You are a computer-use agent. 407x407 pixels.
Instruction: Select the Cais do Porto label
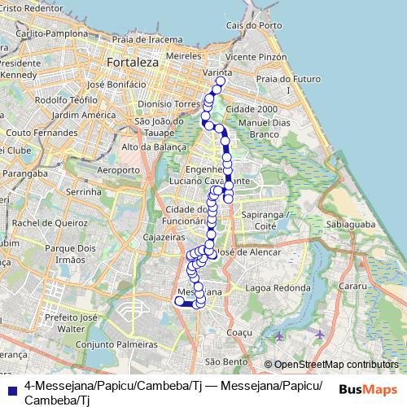[x=247, y=25]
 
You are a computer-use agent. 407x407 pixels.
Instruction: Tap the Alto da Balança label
[x=148, y=147]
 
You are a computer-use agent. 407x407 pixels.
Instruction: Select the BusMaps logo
[x=367, y=390]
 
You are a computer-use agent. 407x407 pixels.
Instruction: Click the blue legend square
[x=12, y=385]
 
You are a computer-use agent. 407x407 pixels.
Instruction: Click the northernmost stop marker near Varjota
[x=221, y=81]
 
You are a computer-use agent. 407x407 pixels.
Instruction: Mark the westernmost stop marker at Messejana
[x=179, y=301]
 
